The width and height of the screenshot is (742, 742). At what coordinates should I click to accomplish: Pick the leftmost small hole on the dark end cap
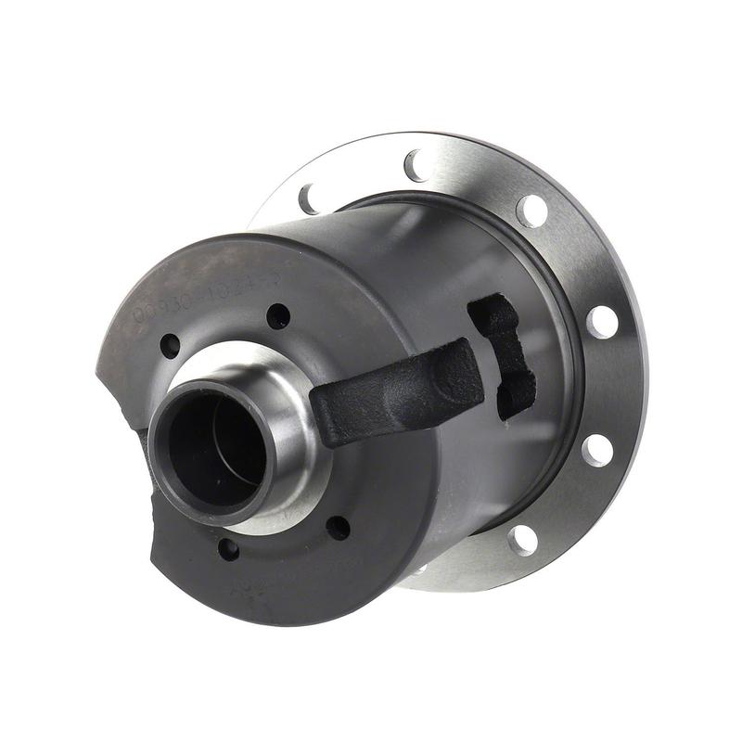pos(170,346)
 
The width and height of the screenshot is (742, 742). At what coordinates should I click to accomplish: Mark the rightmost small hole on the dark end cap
pos(339,528)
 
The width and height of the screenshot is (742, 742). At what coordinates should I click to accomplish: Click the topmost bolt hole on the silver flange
pos(415,165)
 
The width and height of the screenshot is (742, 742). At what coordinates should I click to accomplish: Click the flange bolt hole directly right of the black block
pos(602,322)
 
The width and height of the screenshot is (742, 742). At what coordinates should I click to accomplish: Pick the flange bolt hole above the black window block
pos(531,210)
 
